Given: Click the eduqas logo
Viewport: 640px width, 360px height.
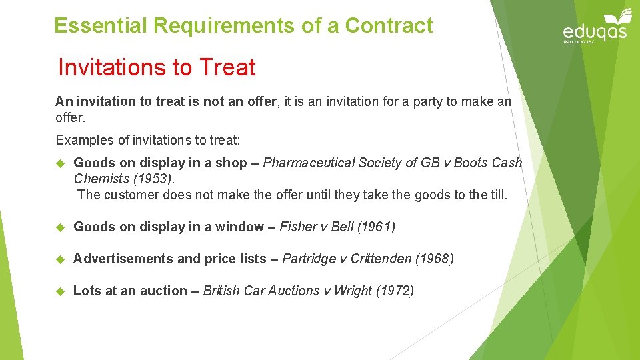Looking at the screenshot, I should [x=595, y=27].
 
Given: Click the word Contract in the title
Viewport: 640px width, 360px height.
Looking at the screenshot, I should [x=389, y=26].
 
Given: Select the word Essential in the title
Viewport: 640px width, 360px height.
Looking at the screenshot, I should [x=101, y=26].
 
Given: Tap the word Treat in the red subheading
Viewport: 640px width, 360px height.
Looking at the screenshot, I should [x=227, y=67].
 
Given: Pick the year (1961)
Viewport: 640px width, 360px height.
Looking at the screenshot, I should [x=376, y=227].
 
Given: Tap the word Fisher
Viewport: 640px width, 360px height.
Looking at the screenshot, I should [x=297, y=227].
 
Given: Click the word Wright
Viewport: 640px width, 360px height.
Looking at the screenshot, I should [x=353, y=291].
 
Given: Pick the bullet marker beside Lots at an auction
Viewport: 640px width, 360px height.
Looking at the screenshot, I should [x=59, y=291].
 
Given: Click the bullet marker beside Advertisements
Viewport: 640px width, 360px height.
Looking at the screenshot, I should [x=59, y=259].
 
